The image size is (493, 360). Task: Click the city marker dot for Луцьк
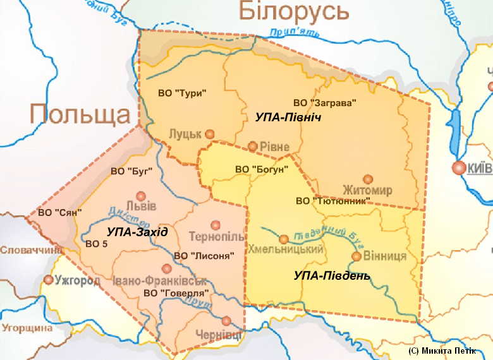[210, 133]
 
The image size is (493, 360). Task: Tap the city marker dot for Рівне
[253, 146]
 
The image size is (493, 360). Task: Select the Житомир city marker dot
[367, 179]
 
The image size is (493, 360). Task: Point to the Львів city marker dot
[141, 196]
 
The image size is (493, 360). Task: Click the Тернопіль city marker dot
[216, 225]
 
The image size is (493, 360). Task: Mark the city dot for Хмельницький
[284, 239]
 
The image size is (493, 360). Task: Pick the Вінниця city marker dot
[356, 256]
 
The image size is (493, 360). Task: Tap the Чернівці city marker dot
[226, 320]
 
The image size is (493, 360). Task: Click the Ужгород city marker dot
[48, 280]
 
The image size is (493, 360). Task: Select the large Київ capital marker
[458, 167]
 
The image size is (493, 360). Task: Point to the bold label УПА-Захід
[137, 232]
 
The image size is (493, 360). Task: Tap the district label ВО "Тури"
[183, 93]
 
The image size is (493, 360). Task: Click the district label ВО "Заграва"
[326, 102]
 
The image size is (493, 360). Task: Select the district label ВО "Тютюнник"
[332, 201]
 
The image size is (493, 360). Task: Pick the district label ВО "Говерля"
[176, 293]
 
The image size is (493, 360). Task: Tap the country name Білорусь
[294, 11]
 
